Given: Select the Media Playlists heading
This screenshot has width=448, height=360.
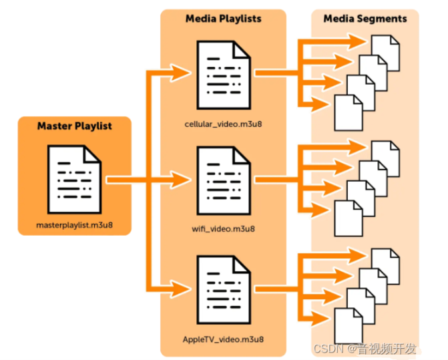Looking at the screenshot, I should [x=223, y=19].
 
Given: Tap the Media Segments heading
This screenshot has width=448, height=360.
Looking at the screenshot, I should [x=365, y=19].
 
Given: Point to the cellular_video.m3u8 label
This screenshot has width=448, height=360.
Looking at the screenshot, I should [x=223, y=125].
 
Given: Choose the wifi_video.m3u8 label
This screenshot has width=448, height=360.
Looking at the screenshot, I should [x=223, y=228].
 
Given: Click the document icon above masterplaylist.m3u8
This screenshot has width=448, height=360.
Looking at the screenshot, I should [x=75, y=175].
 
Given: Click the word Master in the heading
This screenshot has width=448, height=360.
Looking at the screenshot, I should [x=53, y=126].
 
